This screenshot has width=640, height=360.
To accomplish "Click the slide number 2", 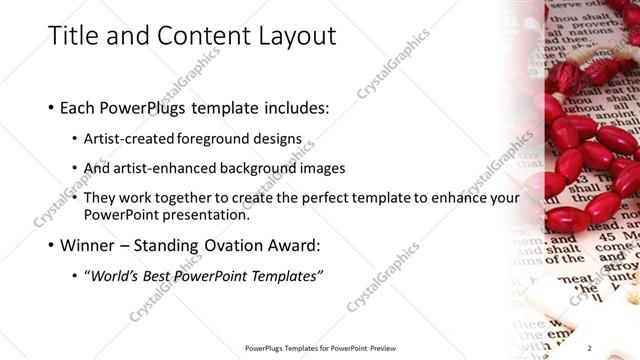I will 618,348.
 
